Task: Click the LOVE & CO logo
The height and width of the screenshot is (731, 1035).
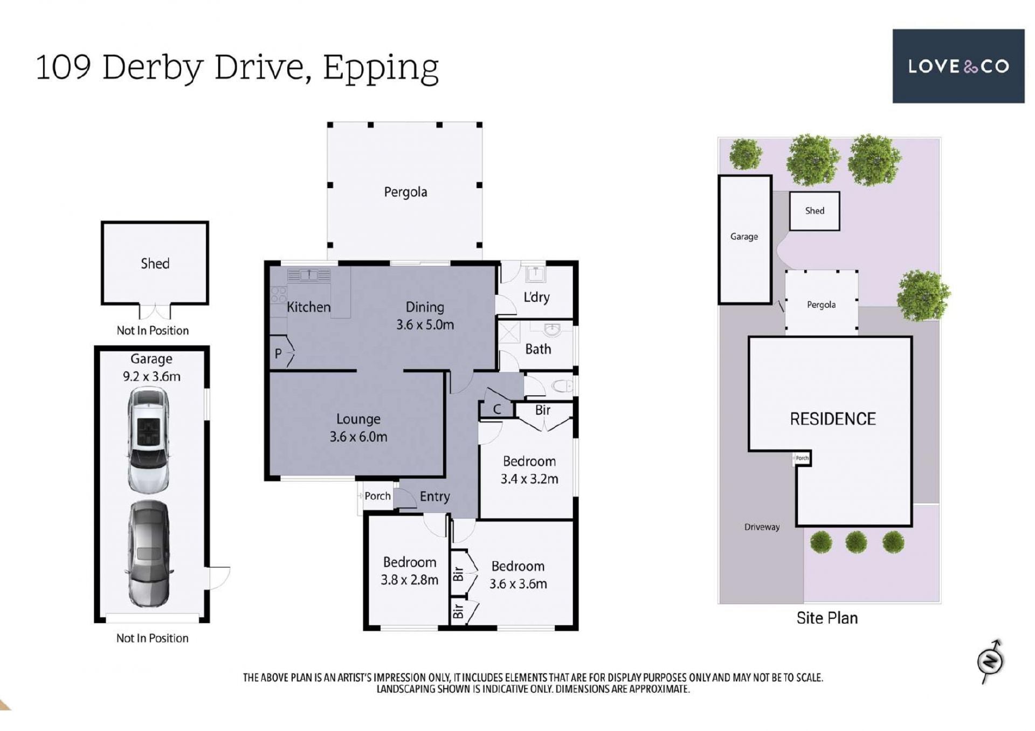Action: click(x=958, y=66)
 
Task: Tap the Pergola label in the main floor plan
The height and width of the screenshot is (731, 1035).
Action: click(x=405, y=192)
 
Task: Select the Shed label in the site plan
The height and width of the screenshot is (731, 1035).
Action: click(x=815, y=211)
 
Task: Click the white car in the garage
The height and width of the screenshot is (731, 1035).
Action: click(x=148, y=439)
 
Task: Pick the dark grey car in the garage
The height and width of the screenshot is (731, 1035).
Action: click(x=149, y=554)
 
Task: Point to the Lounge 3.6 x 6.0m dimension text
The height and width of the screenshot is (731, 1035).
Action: click(x=358, y=437)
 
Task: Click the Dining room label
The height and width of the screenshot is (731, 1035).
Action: click(x=425, y=307)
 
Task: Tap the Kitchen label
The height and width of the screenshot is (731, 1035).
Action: click(x=308, y=307)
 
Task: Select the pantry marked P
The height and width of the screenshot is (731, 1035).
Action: click(x=278, y=354)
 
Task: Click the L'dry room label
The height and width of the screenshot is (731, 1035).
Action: click(x=536, y=297)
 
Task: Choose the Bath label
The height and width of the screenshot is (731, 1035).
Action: click(x=538, y=349)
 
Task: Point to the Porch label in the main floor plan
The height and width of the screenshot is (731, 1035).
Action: click(x=377, y=496)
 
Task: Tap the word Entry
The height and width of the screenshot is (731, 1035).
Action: click(x=434, y=496)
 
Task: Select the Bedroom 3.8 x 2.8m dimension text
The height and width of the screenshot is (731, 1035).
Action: click(x=410, y=580)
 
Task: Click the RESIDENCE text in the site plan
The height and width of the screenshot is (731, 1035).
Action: click(x=833, y=419)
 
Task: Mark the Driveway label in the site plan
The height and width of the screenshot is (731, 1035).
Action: click(x=762, y=527)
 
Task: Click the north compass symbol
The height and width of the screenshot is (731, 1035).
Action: click(x=991, y=661)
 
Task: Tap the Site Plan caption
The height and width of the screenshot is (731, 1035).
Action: click(x=827, y=618)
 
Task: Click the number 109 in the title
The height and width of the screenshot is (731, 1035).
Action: click(x=63, y=67)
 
